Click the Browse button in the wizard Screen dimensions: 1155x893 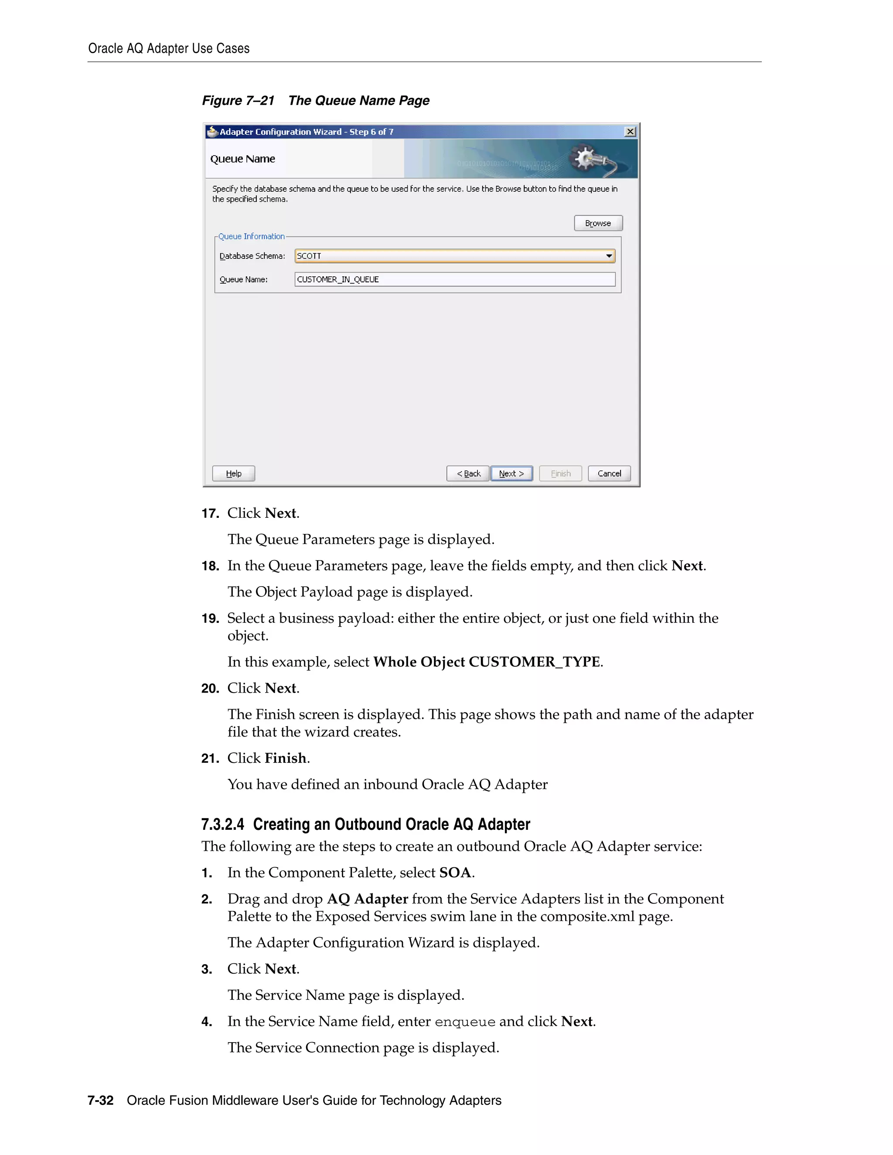point(598,223)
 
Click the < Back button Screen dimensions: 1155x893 point(468,473)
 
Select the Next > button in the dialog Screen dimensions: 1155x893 point(511,473)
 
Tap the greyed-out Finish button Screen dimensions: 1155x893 point(560,473)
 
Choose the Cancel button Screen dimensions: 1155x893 point(609,473)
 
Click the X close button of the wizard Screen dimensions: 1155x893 point(630,132)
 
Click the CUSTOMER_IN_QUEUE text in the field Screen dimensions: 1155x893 point(338,279)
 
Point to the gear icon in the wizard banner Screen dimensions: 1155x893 point(585,158)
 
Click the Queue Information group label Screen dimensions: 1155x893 point(251,236)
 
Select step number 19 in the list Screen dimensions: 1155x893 point(210,618)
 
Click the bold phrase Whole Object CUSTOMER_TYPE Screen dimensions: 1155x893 point(487,662)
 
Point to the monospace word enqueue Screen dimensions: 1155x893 point(464,1022)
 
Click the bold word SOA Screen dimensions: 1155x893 point(455,873)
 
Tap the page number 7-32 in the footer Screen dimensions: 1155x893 point(101,1101)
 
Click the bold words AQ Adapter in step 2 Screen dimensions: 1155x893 point(367,899)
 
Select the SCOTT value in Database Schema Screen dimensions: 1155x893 point(309,256)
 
